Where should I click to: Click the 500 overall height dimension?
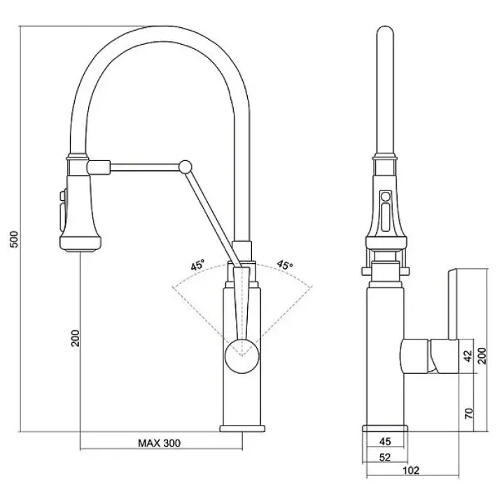(15, 239)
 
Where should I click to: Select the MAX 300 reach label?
(159, 443)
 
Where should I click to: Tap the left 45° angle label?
(197, 265)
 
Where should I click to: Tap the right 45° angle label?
(285, 265)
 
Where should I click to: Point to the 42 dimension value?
(468, 356)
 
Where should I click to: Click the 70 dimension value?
(468, 413)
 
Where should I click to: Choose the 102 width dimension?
(411, 470)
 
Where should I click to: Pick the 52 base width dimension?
(385, 457)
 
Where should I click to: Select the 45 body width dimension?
(385, 441)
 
